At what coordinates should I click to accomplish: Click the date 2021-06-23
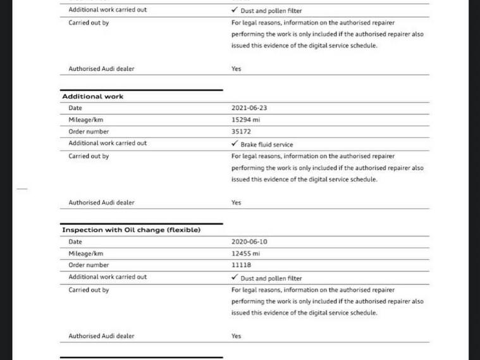coord(249,108)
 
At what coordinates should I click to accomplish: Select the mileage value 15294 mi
coord(245,120)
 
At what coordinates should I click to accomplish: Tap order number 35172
coord(241,132)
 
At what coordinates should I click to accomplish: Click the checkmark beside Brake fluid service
coord(235,144)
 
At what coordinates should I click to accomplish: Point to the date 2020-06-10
coord(249,242)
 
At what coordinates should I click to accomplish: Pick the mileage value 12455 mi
coord(245,253)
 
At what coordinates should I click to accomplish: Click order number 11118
coord(241,265)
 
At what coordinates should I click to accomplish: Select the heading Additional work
coord(92,97)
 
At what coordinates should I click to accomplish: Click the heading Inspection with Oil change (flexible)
coord(131,230)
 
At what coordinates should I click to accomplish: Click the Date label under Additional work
coord(75,108)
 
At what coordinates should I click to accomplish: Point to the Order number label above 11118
coord(89,265)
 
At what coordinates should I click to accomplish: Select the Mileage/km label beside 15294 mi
coord(85,120)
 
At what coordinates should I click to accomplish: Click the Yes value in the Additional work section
coord(236,203)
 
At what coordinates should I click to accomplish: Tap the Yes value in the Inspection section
coord(236,337)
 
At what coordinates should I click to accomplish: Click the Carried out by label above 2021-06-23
coord(89,23)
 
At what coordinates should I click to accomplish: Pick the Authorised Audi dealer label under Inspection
coord(101,337)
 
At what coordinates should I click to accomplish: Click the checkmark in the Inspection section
coord(235,277)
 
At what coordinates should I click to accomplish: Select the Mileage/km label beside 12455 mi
coord(85,253)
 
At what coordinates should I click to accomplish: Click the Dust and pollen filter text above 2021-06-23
coord(271,11)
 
